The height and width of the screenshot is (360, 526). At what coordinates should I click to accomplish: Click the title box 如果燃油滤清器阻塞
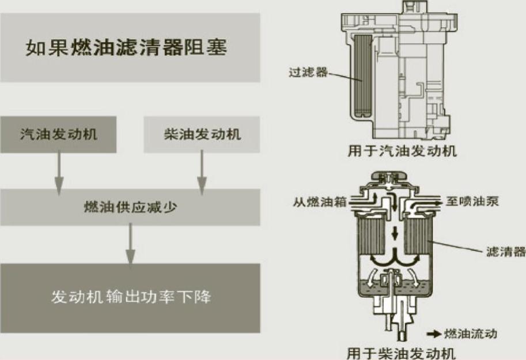pyautogui.click(x=130, y=47)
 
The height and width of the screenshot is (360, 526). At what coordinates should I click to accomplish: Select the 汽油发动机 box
pyautogui.click(x=58, y=135)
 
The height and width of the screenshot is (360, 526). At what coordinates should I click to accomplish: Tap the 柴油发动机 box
pyautogui.click(x=202, y=135)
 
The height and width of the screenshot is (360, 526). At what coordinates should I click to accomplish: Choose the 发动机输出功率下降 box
pyautogui.click(x=130, y=297)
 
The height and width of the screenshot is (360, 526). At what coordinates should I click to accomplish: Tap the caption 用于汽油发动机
pyautogui.click(x=402, y=151)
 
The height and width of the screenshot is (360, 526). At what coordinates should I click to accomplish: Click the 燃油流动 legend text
pyautogui.click(x=470, y=334)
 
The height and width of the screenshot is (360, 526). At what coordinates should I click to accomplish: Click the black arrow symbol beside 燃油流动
pyautogui.click(x=433, y=334)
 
